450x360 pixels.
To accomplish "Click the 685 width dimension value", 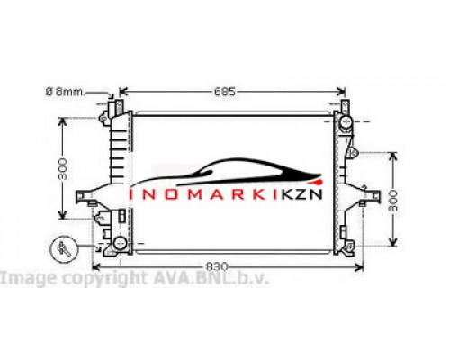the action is [225, 92].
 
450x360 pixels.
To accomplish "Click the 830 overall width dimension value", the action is [217, 266].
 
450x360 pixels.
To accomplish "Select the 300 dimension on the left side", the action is [63, 168].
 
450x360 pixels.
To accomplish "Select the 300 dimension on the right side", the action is [392, 201].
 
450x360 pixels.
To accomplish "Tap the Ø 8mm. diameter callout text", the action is [65, 92].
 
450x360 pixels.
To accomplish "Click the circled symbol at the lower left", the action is [64, 249].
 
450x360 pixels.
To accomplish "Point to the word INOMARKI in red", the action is [203, 194].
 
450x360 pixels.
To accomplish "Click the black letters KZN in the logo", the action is [301, 194].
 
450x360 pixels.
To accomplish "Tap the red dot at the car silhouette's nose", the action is [319, 182].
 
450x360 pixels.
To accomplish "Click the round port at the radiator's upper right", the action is [346, 121].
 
